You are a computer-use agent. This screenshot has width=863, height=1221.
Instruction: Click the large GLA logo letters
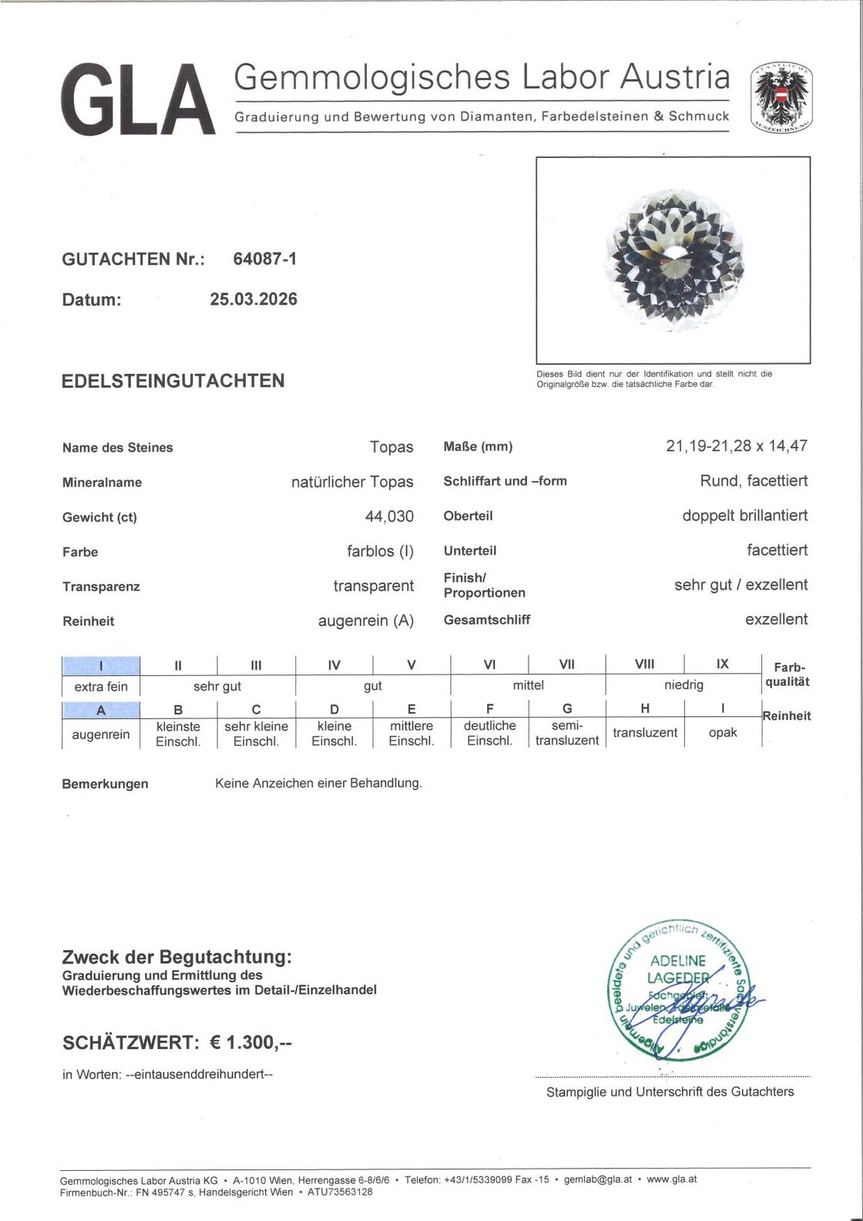click(138, 100)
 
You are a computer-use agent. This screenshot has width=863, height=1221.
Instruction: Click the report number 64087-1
click(265, 259)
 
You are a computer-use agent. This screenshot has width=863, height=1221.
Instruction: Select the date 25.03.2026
click(254, 299)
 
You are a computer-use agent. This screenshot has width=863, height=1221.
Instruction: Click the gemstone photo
click(673, 260)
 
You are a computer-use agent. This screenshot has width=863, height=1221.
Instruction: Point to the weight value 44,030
click(389, 516)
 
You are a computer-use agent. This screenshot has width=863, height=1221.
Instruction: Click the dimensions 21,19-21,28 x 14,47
click(737, 446)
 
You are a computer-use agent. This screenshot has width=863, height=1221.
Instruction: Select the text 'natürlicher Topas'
click(352, 482)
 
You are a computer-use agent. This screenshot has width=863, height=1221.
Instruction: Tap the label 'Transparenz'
click(101, 587)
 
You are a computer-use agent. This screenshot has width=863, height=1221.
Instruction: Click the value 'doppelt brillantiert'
click(744, 516)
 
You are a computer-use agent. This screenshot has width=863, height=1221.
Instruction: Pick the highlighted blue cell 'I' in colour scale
click(101, 664)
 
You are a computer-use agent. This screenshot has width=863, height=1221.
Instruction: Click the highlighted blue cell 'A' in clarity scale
click(101, 709)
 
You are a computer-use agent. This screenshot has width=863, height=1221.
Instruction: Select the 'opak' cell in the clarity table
click(722, 732)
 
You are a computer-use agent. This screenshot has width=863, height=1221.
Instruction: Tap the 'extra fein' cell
click(101, 686)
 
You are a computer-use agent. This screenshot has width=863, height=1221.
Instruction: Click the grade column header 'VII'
click(566, 664)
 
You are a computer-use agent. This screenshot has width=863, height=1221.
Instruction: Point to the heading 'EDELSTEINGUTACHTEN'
click(173, 380)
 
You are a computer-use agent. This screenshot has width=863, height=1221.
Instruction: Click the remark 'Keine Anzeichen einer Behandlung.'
click(318, 783)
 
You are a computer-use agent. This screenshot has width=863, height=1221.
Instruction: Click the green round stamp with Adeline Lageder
click(677, 989)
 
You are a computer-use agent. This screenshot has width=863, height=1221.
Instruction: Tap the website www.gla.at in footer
click(671, 1179)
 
